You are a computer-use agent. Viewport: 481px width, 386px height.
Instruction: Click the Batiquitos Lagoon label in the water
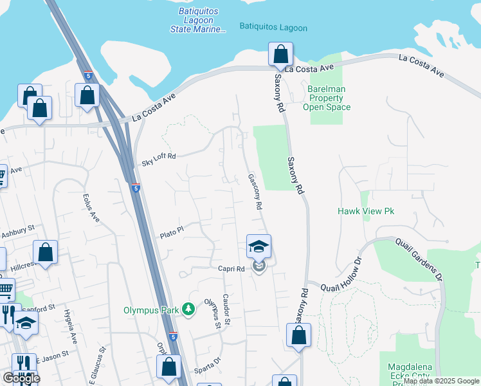tap(273, 28)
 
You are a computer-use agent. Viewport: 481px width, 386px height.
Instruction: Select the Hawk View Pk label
tap(365, 211)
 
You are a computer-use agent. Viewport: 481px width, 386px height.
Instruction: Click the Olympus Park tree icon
tap(188, 310)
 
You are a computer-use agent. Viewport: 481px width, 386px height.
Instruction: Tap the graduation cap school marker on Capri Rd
tap(259, 246)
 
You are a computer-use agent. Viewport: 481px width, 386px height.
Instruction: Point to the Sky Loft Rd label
tap(158, 160)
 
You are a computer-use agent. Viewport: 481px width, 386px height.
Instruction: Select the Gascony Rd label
tap(254, 192)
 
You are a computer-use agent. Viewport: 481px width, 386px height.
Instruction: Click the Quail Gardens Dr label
tap(422, 258)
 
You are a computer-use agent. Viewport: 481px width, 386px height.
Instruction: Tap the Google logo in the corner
tap(21, 378)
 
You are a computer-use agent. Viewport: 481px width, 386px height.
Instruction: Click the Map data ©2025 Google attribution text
tap(441, 381)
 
